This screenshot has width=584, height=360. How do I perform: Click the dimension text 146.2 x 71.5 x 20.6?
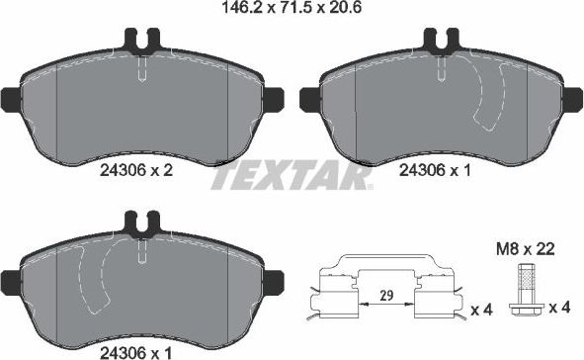tap(291, 11)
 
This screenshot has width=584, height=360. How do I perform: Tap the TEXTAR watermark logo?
tap(292, 178)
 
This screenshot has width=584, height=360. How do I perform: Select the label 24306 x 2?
tap(137, 170)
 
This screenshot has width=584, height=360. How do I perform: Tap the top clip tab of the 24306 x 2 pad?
tap(143, 43)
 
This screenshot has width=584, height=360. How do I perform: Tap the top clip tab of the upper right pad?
tap(440, 43)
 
